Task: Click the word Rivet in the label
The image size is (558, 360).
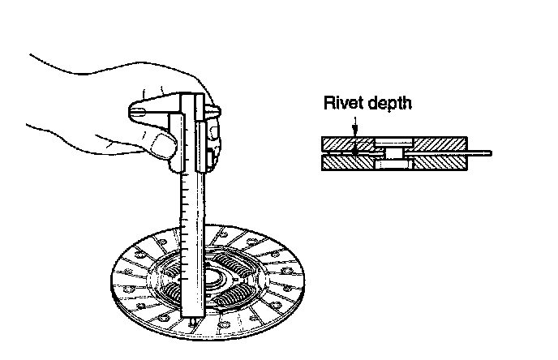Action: click(341, 103)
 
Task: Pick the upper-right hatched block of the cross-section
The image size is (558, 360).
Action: click(437, 143)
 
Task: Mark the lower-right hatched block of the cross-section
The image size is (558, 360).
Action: click(437, 162)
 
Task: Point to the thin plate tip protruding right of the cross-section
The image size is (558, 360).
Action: click(483, 152)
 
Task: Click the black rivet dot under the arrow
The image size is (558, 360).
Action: click(354, 148)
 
